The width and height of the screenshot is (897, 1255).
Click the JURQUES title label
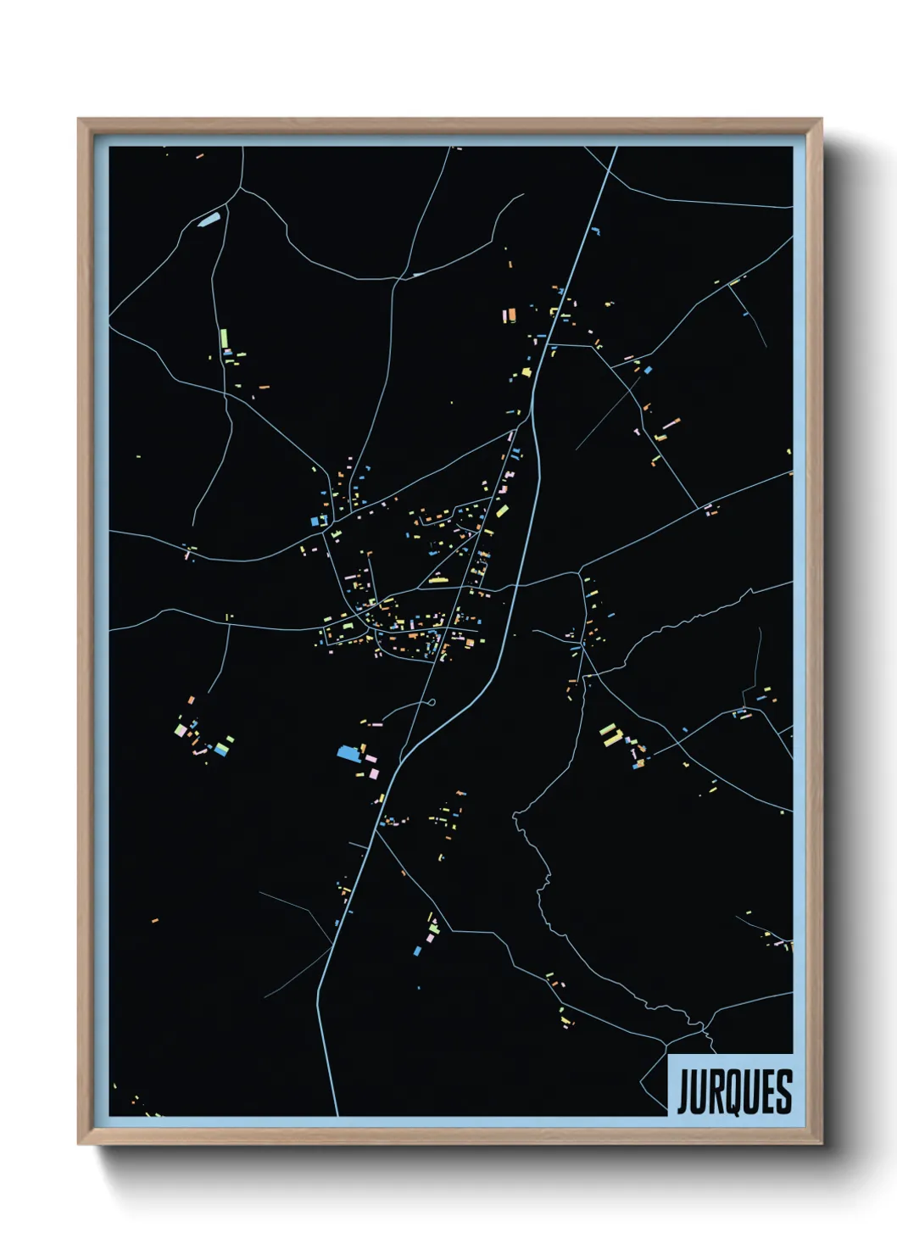[733, 1090]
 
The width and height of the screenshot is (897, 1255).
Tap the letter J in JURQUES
[683, 1091]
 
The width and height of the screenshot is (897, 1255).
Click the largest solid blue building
[347, 751]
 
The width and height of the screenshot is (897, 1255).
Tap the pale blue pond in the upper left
[209, 220]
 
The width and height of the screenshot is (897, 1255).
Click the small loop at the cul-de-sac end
[431, 701]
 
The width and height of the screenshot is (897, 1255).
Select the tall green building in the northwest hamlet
[223, 339]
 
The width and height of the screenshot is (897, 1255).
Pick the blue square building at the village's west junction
[315, 520]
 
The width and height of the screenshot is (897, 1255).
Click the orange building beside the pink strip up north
[511, 315]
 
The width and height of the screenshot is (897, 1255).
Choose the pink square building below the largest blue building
[372, 773]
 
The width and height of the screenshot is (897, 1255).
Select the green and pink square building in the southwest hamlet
[180, 729]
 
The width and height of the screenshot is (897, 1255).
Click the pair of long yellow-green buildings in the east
[610, 735]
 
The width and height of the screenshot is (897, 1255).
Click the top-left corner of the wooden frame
[79, 119]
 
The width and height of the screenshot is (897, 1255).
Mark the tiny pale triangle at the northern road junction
[416, 274]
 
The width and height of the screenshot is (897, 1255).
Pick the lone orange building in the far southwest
[155, 919]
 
